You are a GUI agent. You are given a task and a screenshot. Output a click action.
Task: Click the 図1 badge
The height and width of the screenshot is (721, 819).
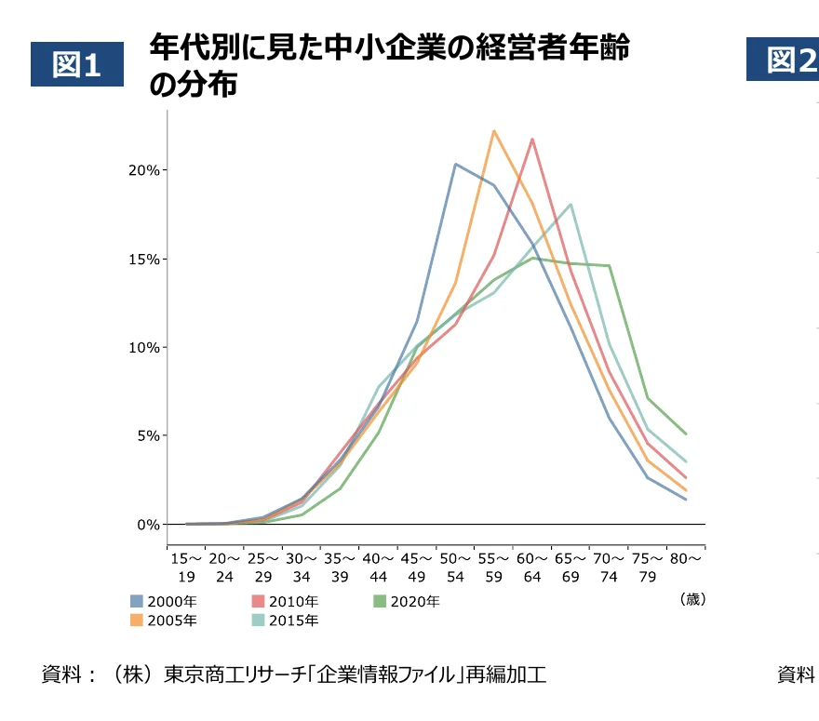(77, 64)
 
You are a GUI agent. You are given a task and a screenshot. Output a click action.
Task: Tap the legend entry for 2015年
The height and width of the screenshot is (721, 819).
(285, 621)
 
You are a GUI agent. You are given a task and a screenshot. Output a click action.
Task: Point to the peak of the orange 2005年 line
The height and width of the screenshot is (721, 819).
(494, 131)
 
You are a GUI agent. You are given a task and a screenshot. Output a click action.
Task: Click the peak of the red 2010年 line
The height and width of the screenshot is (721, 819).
(532, 140)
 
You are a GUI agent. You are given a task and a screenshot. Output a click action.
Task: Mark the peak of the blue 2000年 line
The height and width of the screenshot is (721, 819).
(455, 164)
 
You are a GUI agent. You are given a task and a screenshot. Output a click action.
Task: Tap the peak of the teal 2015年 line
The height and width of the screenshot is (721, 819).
(571, 205)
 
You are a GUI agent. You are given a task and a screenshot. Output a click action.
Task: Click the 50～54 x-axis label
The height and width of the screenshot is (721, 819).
(455, 567)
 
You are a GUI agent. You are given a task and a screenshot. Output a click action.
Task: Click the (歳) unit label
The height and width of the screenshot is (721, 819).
(692, 599)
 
